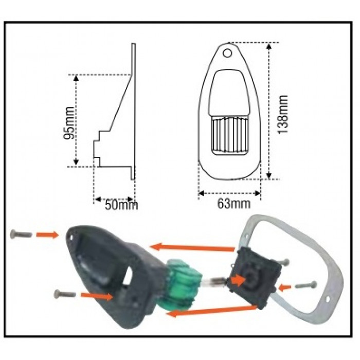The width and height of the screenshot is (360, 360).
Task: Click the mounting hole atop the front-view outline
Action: click(227, 52)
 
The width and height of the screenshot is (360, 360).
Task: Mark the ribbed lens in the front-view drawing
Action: click(229, 135)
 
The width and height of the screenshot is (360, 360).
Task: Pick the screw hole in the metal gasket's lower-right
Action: click(328, 298)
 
